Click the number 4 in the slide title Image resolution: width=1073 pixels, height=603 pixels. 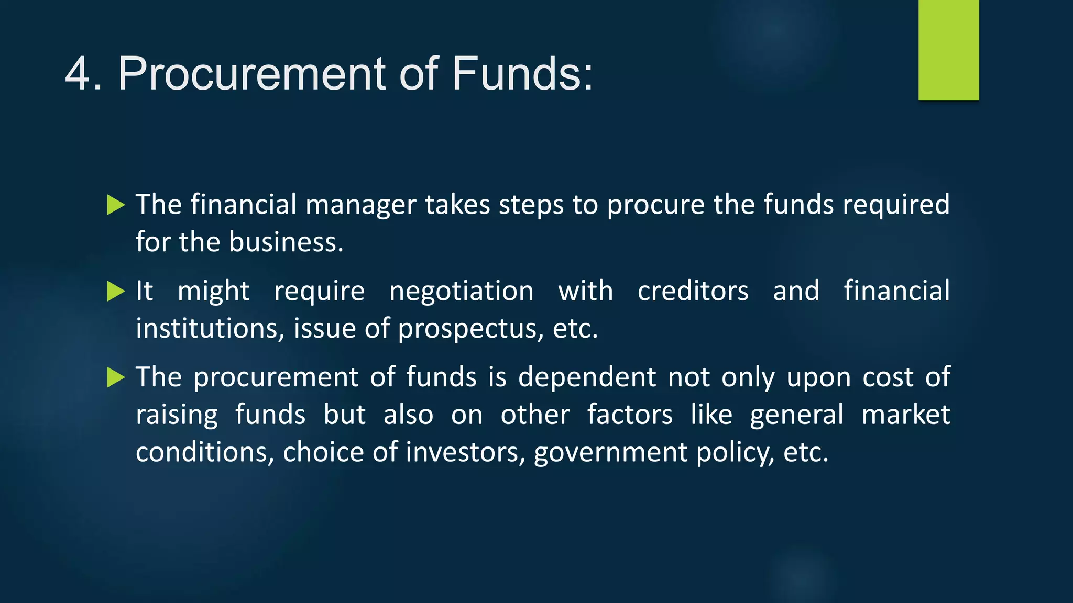78,74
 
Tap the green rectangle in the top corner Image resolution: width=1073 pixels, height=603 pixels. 948,50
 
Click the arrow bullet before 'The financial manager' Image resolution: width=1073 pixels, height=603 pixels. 116,205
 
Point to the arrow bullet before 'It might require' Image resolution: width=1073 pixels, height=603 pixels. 116,291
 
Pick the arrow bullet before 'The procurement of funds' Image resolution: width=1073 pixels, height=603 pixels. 116,377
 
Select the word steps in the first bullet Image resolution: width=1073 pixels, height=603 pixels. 531,205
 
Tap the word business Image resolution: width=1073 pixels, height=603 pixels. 286,242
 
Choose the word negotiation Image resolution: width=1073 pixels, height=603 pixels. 461,291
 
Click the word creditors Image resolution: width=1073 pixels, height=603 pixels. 693,291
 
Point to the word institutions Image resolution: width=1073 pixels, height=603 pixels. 210,329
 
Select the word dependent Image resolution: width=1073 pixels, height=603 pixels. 587,377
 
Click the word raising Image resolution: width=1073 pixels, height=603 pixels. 177,416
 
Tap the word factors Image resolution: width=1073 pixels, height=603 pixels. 629,415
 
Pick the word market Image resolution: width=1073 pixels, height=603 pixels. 905,415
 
